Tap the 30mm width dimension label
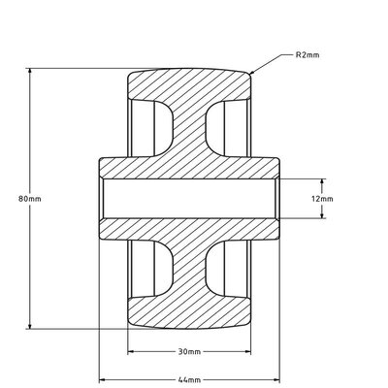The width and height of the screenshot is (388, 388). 189,350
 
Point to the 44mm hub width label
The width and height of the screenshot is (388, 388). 189,379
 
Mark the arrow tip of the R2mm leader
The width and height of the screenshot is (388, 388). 251,74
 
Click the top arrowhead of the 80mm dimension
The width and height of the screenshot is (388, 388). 31,71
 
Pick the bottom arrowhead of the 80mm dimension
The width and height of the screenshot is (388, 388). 31,328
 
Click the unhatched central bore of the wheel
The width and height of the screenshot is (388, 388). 190,199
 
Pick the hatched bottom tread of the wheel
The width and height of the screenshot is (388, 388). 190,315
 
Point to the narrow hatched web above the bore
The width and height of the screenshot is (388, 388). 190,131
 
